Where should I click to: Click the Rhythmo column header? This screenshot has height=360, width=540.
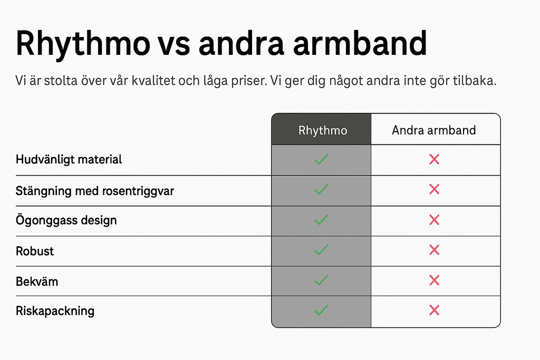point(323,130)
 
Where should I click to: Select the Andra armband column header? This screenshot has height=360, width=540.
point(434,130)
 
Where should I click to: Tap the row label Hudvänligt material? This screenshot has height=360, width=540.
point(69,160)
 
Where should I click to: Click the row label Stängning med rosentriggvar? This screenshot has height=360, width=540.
point(95,191)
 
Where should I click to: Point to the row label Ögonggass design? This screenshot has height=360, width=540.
point(66,220)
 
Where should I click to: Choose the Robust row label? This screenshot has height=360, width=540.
point(35,251)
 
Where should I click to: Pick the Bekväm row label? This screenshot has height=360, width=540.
point(37,281)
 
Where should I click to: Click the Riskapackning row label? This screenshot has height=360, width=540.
point(55,311)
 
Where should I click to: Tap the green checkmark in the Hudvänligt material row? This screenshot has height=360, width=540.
point(321,159)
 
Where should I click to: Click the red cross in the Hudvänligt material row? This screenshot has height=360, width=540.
point(435,159)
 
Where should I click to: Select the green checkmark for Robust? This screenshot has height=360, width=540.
point(321,249)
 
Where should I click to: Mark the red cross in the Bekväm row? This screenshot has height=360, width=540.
point(435,280)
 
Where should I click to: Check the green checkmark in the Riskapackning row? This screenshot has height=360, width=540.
point(321,310)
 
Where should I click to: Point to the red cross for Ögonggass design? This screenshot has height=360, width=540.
point(435,220)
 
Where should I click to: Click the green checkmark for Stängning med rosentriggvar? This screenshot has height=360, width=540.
point(321,189)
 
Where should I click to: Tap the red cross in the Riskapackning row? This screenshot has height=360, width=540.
point(435,310)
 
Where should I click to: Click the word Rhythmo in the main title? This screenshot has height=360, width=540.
point(83,44)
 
